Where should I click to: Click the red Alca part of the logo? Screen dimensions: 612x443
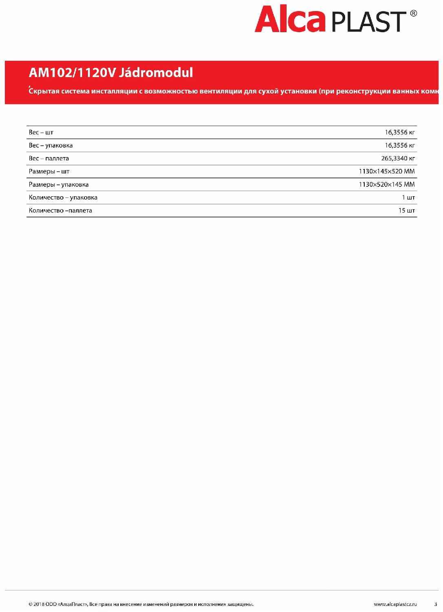click(x=290, y=19)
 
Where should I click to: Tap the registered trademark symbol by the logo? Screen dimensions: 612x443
click(x=413, y=13)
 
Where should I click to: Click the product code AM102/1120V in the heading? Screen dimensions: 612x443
click(x=72, y=73)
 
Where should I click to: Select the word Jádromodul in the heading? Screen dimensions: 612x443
click(x=156, y=73)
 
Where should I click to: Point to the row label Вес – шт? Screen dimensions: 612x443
click(x=41, y=132)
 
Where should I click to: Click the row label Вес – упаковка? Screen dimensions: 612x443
click(x=51, y=145)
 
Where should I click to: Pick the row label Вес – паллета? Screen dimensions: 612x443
click(x=49, y=158)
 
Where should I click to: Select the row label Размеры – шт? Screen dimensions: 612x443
click(x=49, y=171)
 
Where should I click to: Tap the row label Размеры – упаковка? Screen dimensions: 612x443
click(x=58, y=184)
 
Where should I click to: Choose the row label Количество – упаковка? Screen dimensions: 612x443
click(x=63, y=197)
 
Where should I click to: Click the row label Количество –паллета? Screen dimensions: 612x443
click(x=60, y=211)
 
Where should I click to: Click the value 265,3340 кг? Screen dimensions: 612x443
click(x=398, y=158)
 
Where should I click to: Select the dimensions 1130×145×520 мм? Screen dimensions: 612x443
click(x=386, y=171)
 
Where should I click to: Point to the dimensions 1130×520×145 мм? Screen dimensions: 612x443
click(x=386, y=184)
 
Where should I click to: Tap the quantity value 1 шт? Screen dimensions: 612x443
click(x=408, y=197)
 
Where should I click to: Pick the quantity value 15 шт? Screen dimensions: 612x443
click(x=406, y=211)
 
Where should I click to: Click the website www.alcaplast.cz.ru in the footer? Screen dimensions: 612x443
click(x=395, y=604)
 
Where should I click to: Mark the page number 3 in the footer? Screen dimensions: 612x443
click(x=435, y=604)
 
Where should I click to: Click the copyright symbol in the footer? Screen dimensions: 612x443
click(x=31, y=604)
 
